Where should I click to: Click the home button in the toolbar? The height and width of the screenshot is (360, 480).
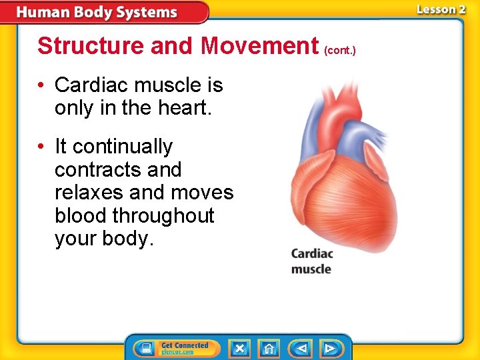tap(269, 348)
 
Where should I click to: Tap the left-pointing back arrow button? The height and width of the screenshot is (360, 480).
tap(300, 348)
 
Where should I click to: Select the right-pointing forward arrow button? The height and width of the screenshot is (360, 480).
tap(329, 348)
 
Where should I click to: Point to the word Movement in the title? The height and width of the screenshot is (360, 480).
tap(259, 46)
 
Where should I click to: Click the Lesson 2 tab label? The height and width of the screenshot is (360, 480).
tap(441, 10)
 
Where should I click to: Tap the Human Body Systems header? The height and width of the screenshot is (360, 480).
tap(97, 12)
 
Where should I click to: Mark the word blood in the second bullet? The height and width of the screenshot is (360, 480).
tap(81, 215)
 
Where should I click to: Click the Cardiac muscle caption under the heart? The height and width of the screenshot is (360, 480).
tap(311, 261)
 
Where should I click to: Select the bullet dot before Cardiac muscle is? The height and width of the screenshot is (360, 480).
tap(41, 85)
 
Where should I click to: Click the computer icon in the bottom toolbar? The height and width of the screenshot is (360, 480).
tap(146, 348)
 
